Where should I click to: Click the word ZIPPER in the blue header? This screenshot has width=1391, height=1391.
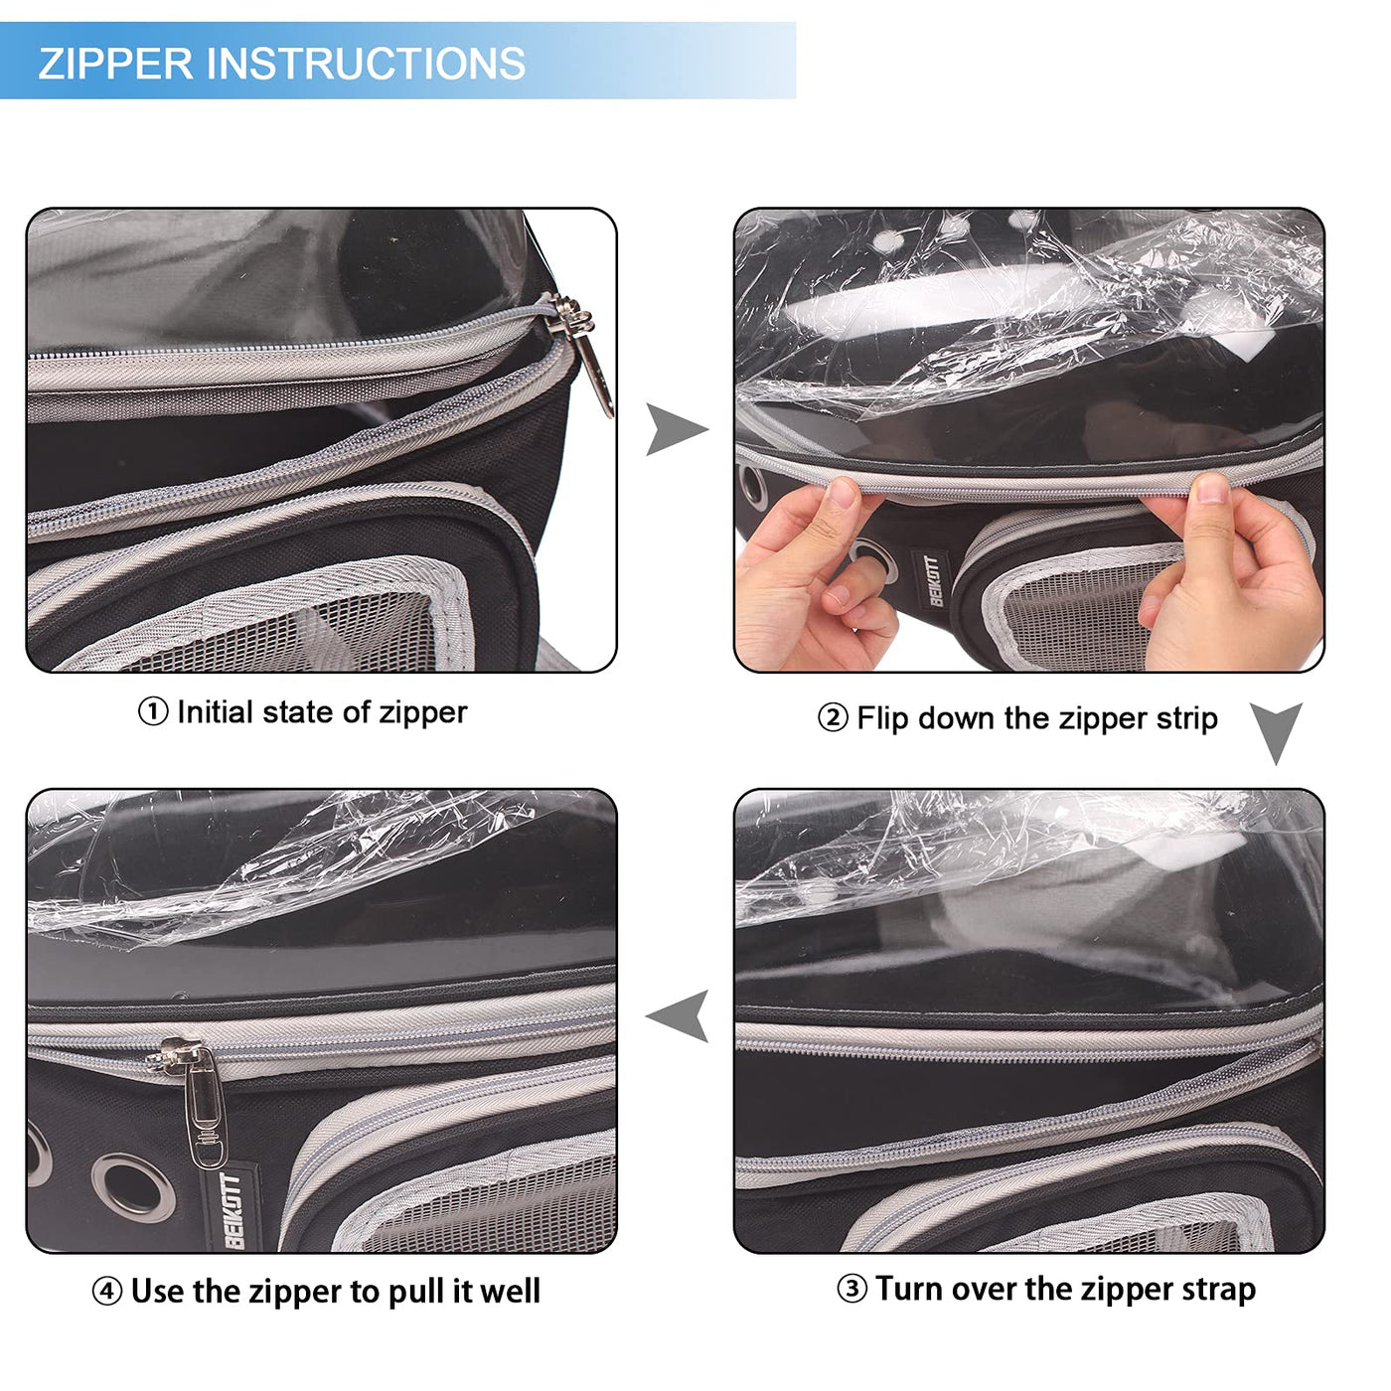[116, 64]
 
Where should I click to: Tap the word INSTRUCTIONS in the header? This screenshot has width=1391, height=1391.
[367, 64]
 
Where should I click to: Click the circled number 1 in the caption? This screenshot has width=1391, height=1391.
[152, 712]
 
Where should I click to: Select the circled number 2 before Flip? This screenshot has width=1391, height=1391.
[833, 719]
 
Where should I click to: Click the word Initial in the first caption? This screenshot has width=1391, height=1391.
[215, 712]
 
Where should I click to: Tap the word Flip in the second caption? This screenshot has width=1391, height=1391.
[882, 719]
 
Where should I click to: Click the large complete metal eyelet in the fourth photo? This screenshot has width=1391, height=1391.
[134, 1187]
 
